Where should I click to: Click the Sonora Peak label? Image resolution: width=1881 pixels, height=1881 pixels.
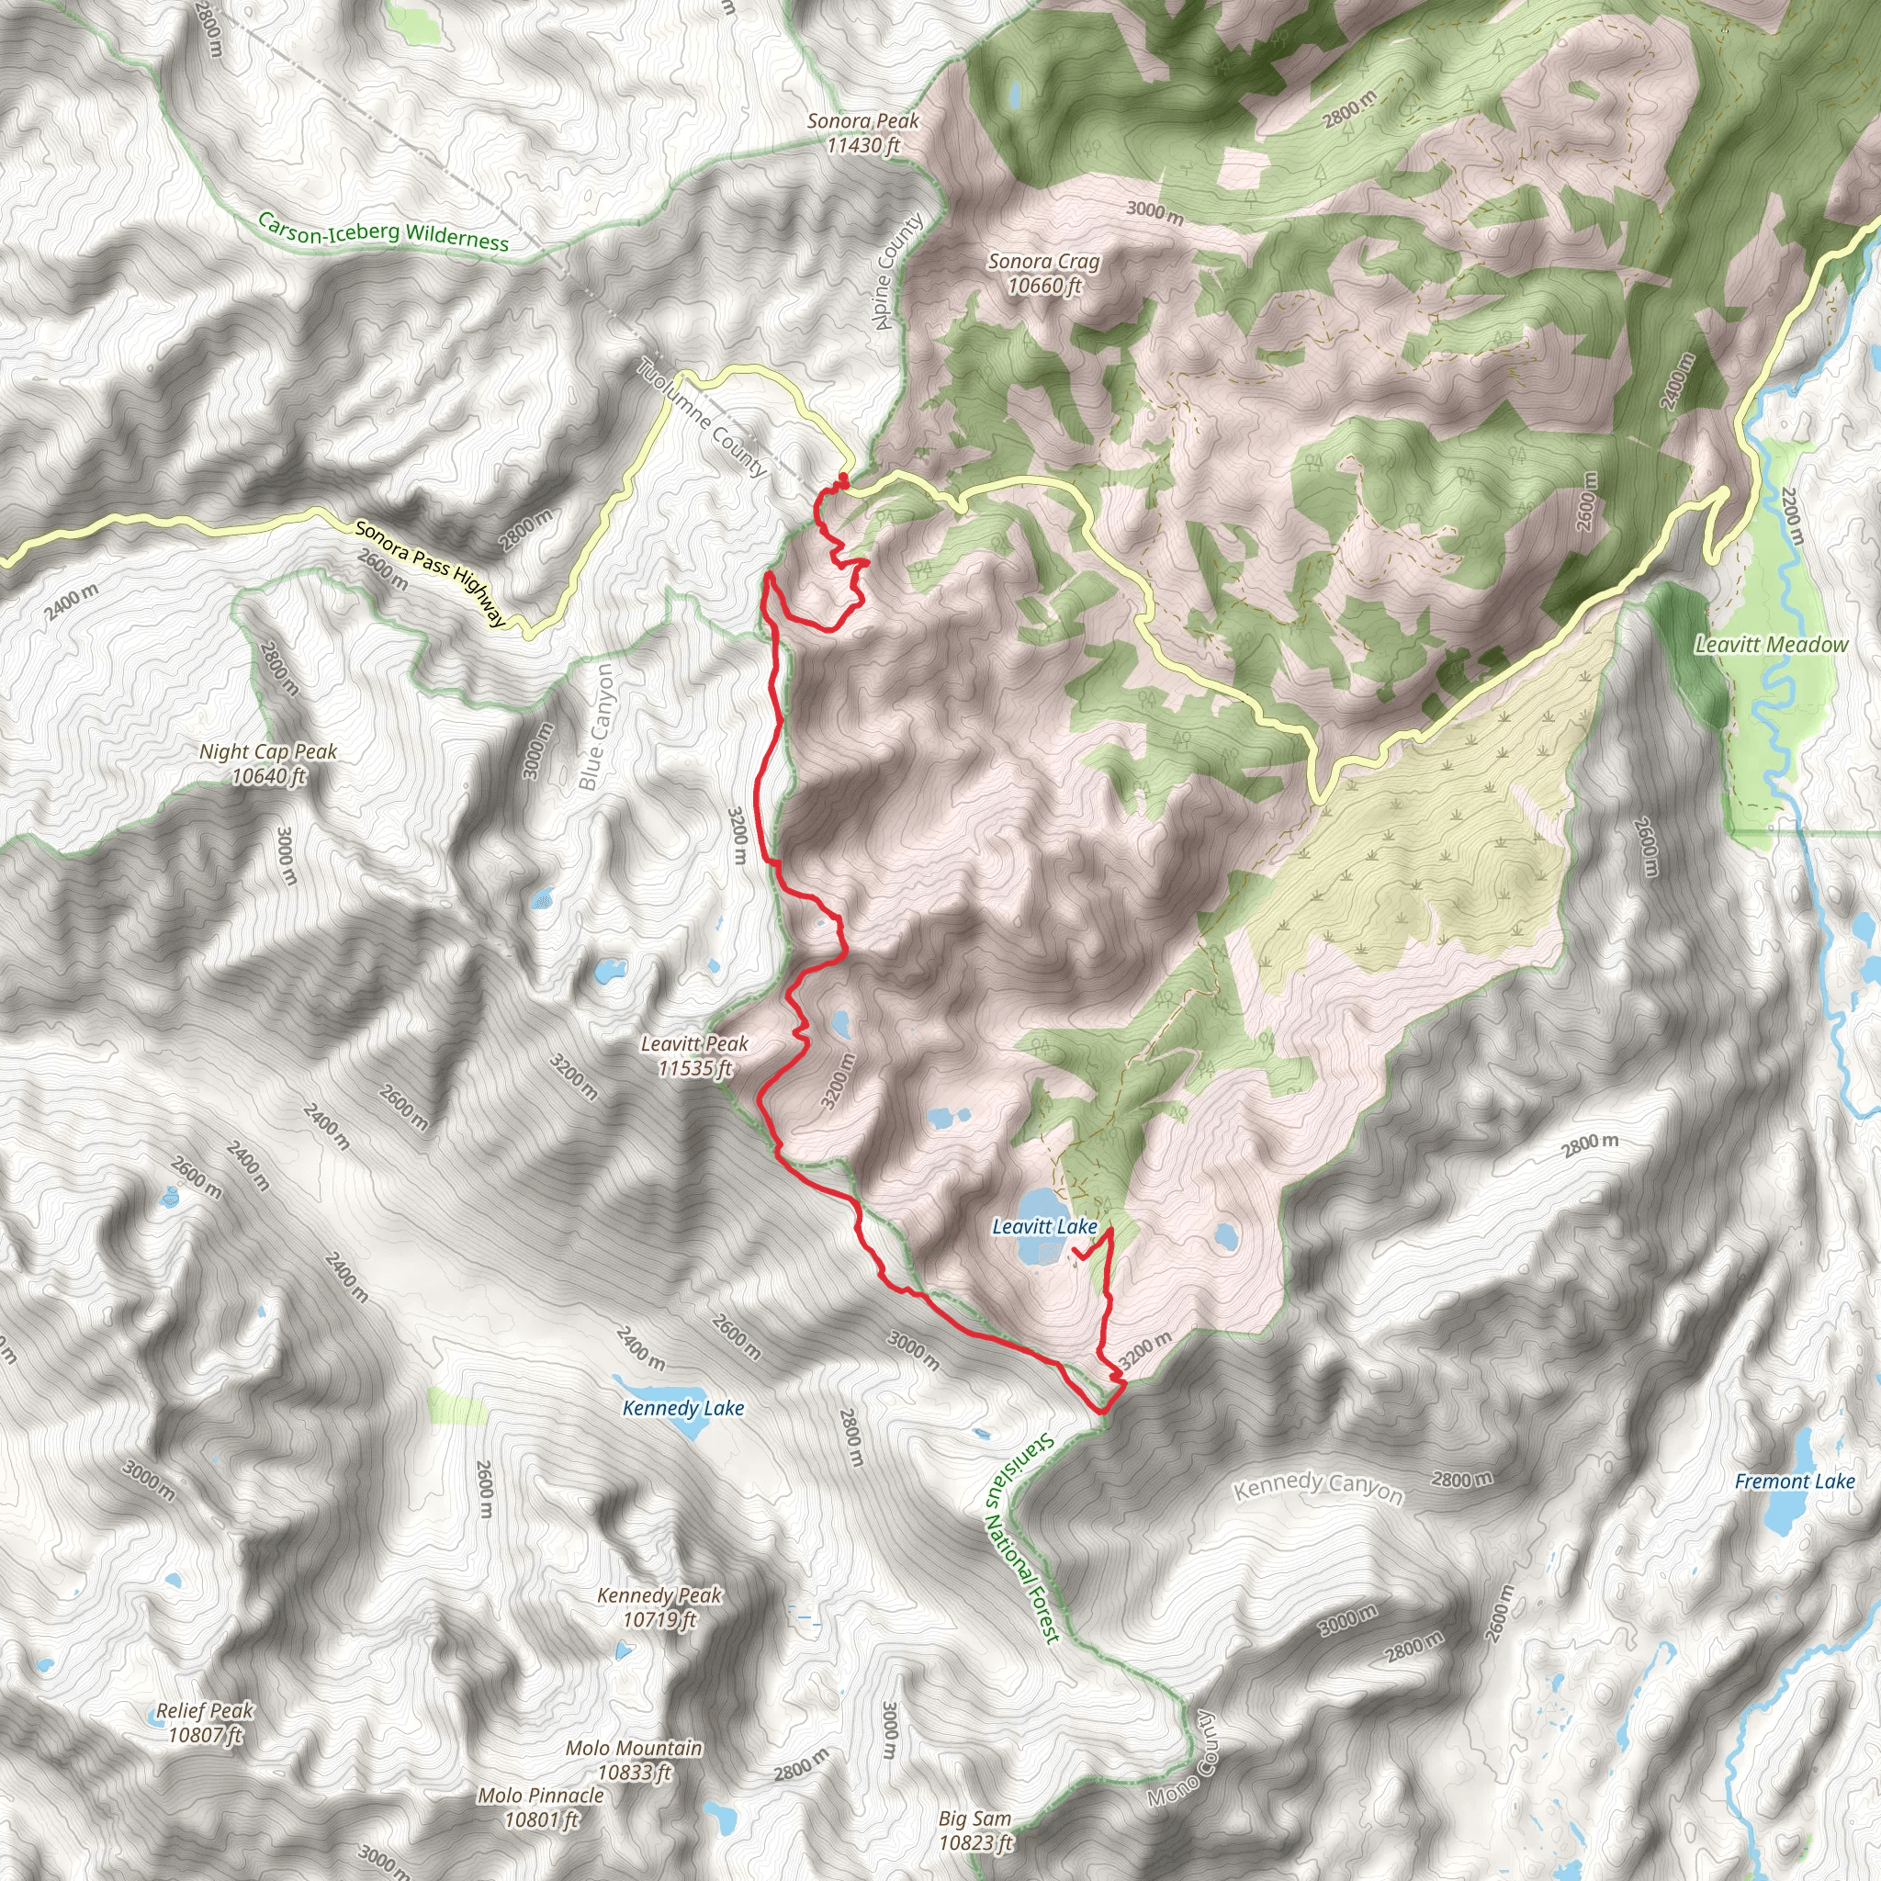(x=862, y=132)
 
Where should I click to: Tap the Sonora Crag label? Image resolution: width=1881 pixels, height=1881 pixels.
(x=1043, y=273)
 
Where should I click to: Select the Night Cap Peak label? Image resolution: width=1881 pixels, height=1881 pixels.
(x=268, y=763)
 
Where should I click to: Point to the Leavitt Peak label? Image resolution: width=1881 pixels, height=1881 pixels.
(x=694, y=1055)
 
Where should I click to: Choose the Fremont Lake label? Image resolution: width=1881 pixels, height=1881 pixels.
(x=1795, y=1481)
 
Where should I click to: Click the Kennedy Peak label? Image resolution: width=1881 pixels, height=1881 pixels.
(x=659, y=1606)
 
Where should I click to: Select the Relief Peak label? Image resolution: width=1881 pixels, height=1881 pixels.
(x=205, y=1722)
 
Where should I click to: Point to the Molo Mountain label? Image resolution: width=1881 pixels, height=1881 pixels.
(x=634, y=1761)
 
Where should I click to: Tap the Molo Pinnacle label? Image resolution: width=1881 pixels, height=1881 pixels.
(x=540, y=1807)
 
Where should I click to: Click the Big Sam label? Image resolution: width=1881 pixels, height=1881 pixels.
(x=974, y=1830)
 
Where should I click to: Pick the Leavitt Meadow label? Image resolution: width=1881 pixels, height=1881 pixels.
(x=1771, y=645)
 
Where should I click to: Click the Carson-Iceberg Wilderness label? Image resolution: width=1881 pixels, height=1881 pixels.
(x=383, y=231)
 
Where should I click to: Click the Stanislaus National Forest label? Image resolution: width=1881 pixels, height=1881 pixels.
(x=1020, y=1538)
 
